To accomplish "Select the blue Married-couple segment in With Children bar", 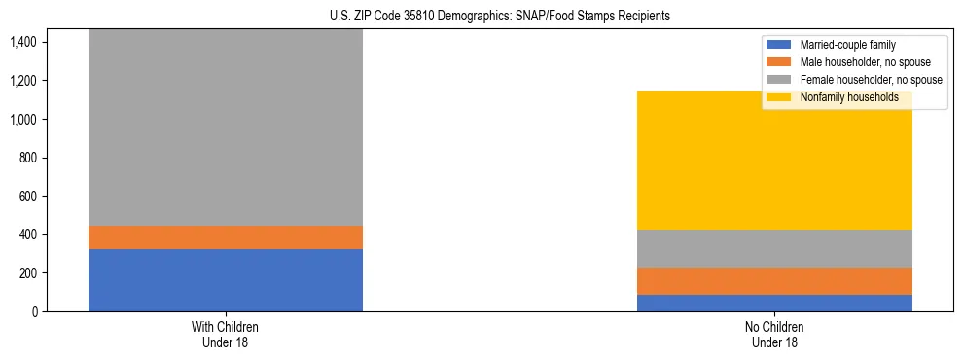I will tap(225, 280).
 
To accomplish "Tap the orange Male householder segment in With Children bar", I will tap(225, 237).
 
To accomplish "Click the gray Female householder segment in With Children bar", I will tap(225, 126).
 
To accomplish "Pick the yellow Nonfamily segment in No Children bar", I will tap(774, 161).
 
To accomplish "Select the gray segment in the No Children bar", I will tap(774, 248).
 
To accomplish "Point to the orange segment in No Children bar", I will tap(774, 281).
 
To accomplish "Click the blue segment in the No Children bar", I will tap(774, 303).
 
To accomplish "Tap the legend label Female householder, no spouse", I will tap(871, 80).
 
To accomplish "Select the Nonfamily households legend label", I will tap(849, 97).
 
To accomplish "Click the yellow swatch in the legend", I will tap(779, 97).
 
